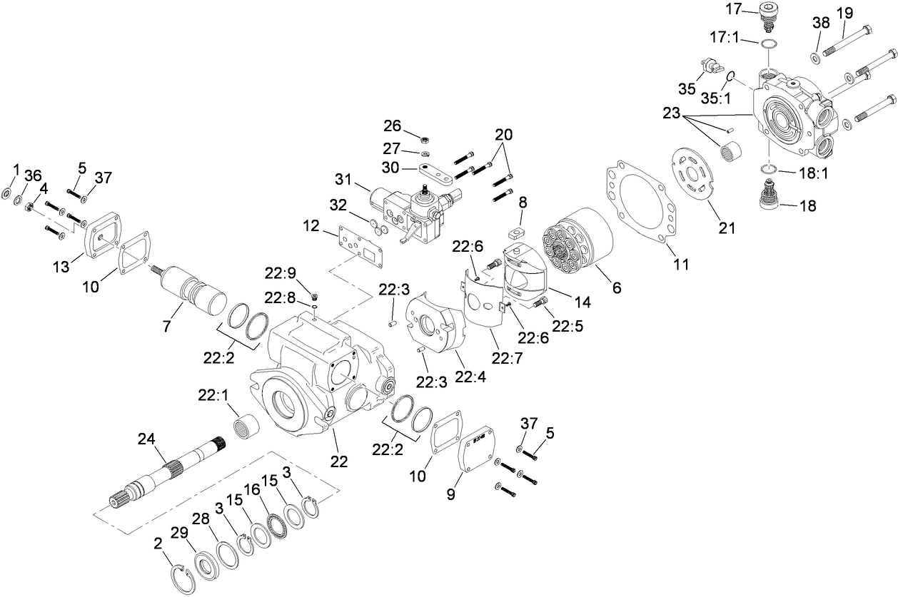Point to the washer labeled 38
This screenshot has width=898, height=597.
coord(815,56)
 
